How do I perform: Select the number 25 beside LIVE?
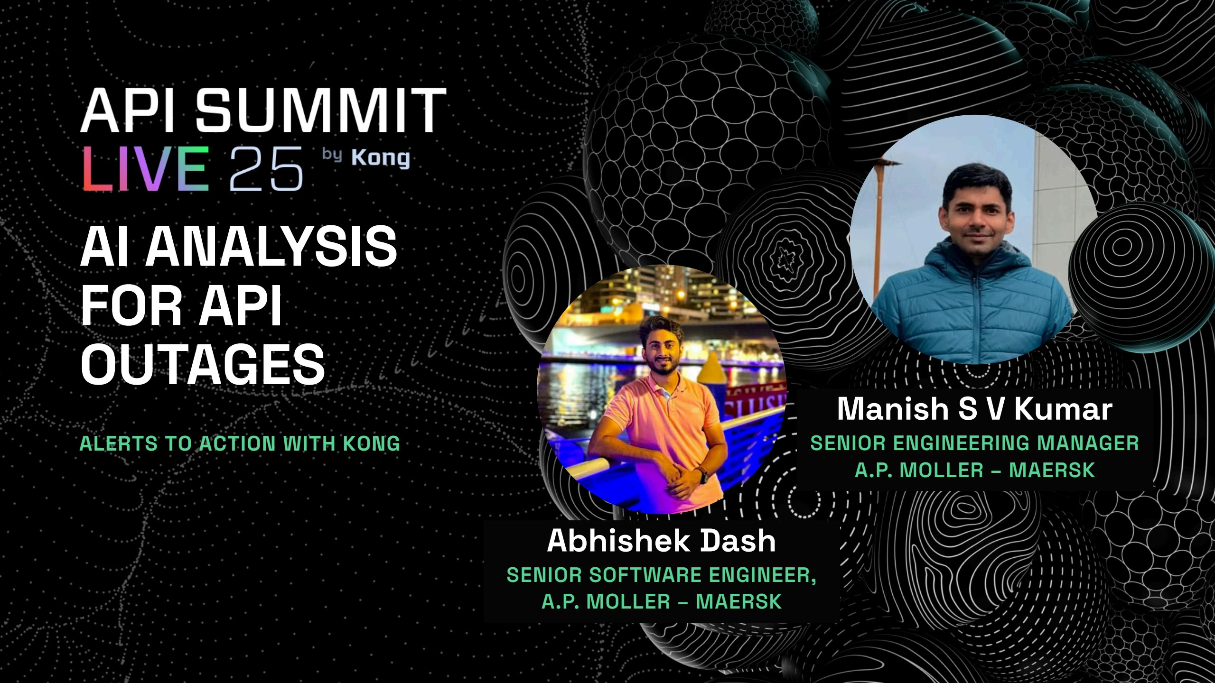[x=266, y=169]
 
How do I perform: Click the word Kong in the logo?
[x=381, y=158]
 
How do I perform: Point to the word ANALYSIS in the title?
[x=271, y=246]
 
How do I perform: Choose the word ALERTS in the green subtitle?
[x=119, y=443]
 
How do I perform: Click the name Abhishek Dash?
[x=662, y=540]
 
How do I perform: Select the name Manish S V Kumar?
[x=975, y=408]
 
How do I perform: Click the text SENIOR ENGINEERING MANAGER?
[x=975, y=443]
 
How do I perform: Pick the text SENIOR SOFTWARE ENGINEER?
[x=662, y=575]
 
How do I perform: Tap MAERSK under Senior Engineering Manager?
[x=1052, y=470]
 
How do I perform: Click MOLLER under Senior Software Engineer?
[x=629, y=601]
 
